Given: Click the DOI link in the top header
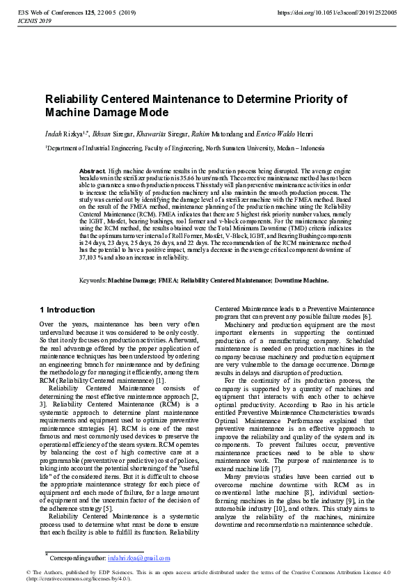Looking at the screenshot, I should pos(336,13).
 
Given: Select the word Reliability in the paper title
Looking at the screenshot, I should pos(72,99).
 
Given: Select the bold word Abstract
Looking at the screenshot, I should pos(92,171).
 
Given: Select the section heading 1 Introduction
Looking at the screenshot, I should pos(67,310).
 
